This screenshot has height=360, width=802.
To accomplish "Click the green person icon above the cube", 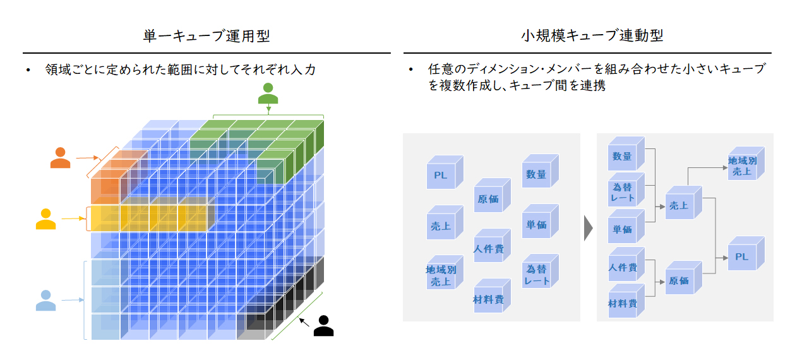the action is tap(268, 93).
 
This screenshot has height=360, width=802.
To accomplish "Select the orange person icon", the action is tap(60, 158).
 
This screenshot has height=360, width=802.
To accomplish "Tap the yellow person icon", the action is tap(46, 219).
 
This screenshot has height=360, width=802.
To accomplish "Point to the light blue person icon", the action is tap(46, 300).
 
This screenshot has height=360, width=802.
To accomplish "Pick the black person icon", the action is tap(324, 326).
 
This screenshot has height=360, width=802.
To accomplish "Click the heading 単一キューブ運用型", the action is tap(206, 36).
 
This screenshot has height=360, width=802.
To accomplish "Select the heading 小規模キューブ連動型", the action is tap(592, 35).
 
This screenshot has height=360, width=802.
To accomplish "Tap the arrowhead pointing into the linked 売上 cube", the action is tap(662, 207).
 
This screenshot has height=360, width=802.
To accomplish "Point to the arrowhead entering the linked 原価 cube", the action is tap(662, 282).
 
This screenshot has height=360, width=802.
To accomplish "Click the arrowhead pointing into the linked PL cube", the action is tap(726, 258).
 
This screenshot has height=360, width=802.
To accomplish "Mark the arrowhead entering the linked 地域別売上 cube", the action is tap(726, 167).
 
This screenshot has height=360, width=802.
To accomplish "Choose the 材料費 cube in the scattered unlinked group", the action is tap(492, 296).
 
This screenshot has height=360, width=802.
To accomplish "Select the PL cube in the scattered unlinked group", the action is tap(445, 172).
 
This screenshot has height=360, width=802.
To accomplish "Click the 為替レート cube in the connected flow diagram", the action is tap(626, 190).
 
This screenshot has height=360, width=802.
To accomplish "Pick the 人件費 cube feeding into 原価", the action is tap(626, 265).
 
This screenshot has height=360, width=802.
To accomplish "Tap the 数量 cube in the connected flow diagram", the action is tap(626, 153).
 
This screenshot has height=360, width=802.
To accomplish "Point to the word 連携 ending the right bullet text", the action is tap(593, 86).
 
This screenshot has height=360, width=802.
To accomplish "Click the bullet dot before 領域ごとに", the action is tap(28, 70).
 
